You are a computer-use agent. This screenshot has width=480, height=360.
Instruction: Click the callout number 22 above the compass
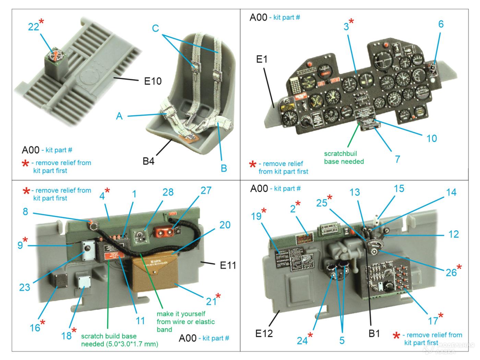(33, 26)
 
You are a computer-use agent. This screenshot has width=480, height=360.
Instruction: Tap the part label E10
(153, 82)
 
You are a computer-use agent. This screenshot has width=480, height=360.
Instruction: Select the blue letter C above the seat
(155, 28)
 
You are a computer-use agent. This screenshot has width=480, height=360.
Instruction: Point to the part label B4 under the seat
(148, 161)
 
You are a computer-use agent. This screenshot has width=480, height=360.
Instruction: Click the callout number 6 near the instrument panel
(441, 24)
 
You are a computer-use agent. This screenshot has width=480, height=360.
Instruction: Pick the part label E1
(262, 59)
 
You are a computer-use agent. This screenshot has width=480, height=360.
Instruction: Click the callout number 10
(431, 138)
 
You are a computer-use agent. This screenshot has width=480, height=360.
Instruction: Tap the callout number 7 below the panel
(397, 159)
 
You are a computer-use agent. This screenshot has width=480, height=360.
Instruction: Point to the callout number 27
(206, 190)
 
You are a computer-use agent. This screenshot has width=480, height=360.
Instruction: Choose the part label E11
(228, 265)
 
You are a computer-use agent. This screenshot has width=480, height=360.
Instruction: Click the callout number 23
(24, 287)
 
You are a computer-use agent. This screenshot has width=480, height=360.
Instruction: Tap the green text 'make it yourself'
(181, 314)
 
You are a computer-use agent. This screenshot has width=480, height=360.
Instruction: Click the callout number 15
(399, 188)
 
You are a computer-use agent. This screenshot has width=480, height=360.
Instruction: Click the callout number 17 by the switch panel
(433, 321)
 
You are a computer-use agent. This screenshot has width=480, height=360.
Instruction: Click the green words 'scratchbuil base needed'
(344, 157)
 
